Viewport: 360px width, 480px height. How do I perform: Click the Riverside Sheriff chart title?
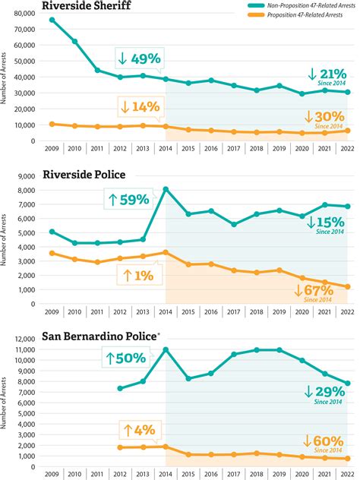pos(87,7)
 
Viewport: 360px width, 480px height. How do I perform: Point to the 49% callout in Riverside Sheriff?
pos(141,57)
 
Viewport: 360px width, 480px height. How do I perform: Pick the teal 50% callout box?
pos(129,358)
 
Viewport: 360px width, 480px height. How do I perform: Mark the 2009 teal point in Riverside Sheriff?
pos(52,20)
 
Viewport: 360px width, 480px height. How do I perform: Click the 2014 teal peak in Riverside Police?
pos(166,189)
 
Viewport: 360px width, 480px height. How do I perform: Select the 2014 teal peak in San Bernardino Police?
pos(166,349)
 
